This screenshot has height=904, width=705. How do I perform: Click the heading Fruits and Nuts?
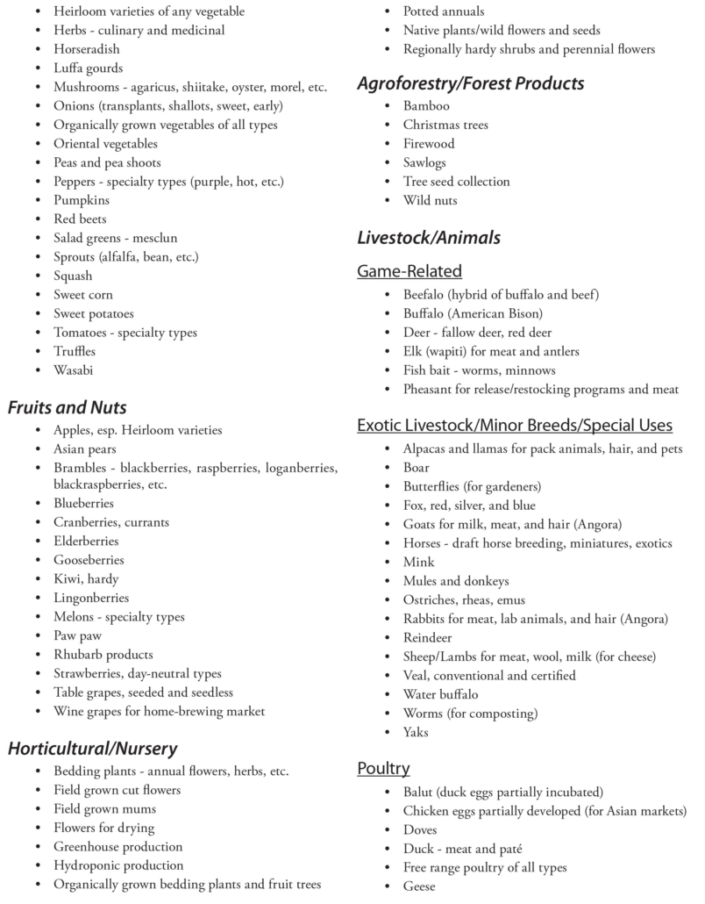(x=68, y=407)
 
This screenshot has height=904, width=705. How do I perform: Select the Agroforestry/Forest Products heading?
(x=470, y=83)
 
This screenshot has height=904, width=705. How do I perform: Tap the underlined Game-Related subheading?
(x=409, y=271)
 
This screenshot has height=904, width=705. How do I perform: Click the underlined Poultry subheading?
(x=383, y=769)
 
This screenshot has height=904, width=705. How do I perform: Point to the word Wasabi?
(x=73, y=370)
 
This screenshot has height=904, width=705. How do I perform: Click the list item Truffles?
(x=75, y=351)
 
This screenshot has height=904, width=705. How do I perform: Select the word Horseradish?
(x=87, y=49)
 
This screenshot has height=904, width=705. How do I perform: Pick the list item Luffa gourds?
(x=88, y=68)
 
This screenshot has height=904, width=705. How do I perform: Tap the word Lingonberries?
(x=93, y=598)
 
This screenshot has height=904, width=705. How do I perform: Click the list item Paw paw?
(x=77, y=635)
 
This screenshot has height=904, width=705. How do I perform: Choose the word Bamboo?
(x=426, y=105)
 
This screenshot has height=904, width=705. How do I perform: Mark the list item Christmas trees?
(x=445, y=125)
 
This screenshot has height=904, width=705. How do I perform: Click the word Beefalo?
(x=427, y=294)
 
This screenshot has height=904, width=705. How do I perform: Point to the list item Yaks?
(x=416, y=732)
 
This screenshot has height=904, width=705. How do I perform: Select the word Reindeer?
(x=427, y=637)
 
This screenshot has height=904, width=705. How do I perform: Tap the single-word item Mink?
(x=418, y=562)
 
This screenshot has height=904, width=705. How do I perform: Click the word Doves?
(x=420, y=829)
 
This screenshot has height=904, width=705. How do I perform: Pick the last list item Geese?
(x=419, y=886)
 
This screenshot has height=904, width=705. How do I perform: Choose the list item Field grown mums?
(x=104, y=808)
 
